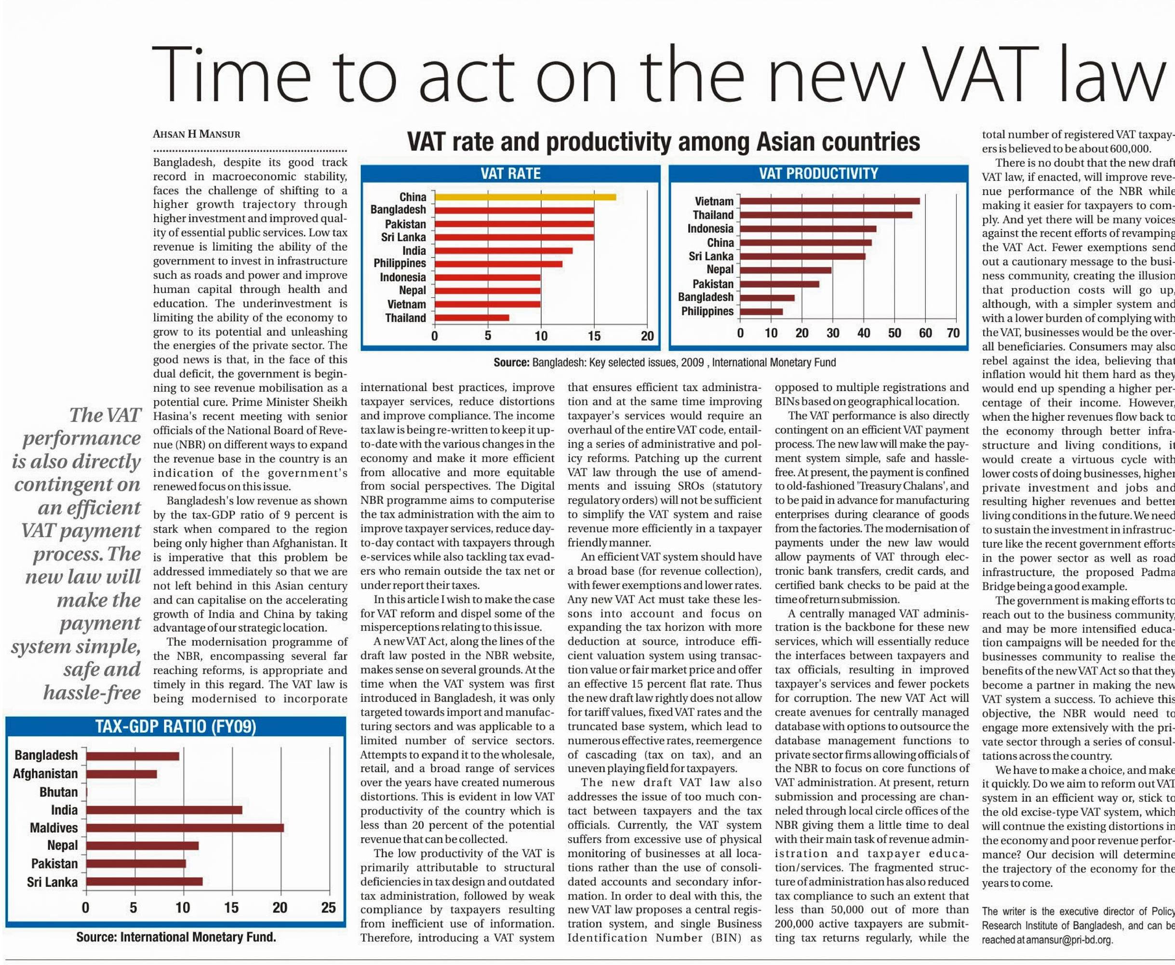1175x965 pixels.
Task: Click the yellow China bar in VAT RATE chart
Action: pos(525,197)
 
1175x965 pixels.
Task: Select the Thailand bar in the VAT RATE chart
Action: pos(471,318)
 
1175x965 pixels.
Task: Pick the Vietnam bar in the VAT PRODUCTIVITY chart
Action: pos(829,201)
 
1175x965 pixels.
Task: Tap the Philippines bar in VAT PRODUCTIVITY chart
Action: pos(761,311)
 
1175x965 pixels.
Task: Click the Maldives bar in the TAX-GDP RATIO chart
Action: pos(185,828)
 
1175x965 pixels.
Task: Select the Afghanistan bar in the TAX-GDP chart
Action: pos(121,774)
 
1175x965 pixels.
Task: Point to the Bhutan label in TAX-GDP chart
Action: pos(58,792)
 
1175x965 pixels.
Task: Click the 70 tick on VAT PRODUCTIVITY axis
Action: pos(953,333)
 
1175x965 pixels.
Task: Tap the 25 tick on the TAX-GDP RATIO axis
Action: pos(329,908)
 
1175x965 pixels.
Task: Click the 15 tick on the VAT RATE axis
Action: pos(594,336)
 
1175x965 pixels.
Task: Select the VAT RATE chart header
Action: pos(510,174)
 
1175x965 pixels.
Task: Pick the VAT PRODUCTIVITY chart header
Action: pos(818,174)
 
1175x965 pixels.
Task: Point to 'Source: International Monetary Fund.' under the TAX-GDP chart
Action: pos(176,937)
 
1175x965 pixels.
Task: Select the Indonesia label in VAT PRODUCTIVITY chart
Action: pos(710,228)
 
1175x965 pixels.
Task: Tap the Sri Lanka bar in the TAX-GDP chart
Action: pos(144,882)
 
